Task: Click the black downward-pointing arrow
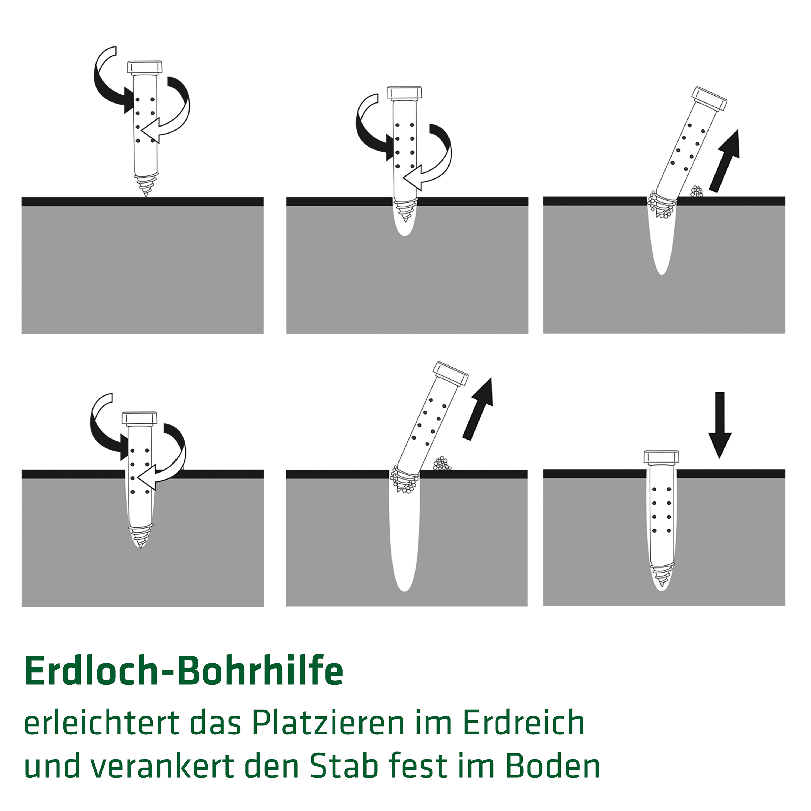tap(720, 425)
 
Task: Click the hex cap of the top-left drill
tap(145, 67)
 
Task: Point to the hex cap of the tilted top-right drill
tap(709, 99)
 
